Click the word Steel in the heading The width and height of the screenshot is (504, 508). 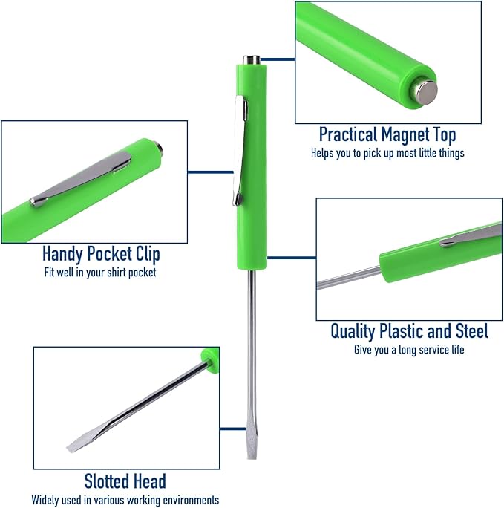tap(472, 331)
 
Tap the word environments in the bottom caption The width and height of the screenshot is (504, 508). tap(191, 500)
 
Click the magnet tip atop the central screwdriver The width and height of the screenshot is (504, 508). tap(252, 60)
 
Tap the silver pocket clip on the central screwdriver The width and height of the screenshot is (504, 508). tap(240, 151)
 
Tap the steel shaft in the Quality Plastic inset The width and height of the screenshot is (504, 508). tap(349, 278)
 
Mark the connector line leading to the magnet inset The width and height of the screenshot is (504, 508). tap(278, 59)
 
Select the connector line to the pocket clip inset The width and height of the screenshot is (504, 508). tap(210, 172)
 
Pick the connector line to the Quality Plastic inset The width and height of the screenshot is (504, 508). tap(292, 258)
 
